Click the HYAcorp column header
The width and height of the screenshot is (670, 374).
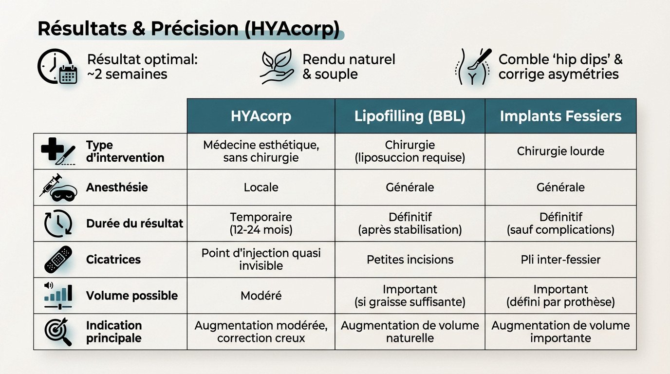pyautogui.click(x=261, y=116)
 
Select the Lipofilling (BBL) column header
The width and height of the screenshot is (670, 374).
pyautogui.click(x=409, y=116)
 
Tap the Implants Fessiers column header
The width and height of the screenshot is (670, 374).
pyautogui.click(x=560, y=116)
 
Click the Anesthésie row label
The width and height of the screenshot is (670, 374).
pyautogui.click(x=117, y=187)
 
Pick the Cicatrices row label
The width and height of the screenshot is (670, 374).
pyautogui.click(x=113, y=260)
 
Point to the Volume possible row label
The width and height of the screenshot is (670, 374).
pyautogui.click(x=131, y=296)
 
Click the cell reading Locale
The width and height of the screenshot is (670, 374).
pyautogui.click(x=261, y=187)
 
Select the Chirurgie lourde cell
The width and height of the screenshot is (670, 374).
pyautogui.click(x=560, y=151)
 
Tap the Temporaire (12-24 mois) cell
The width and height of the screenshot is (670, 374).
pyautogui.click(x=261, y=223)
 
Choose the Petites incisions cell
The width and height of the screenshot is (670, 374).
pyautogui.click(x=409, y=260)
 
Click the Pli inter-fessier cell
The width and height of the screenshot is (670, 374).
pyautogui.click(x=560, y=260)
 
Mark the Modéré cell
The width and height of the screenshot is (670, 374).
pyautogui.click(x=261, y=296)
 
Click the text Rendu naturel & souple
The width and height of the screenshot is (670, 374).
pyautogui.click(x=349, y=67)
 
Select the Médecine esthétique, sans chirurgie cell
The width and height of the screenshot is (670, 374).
pyautogui.click(x=261, y=151)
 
